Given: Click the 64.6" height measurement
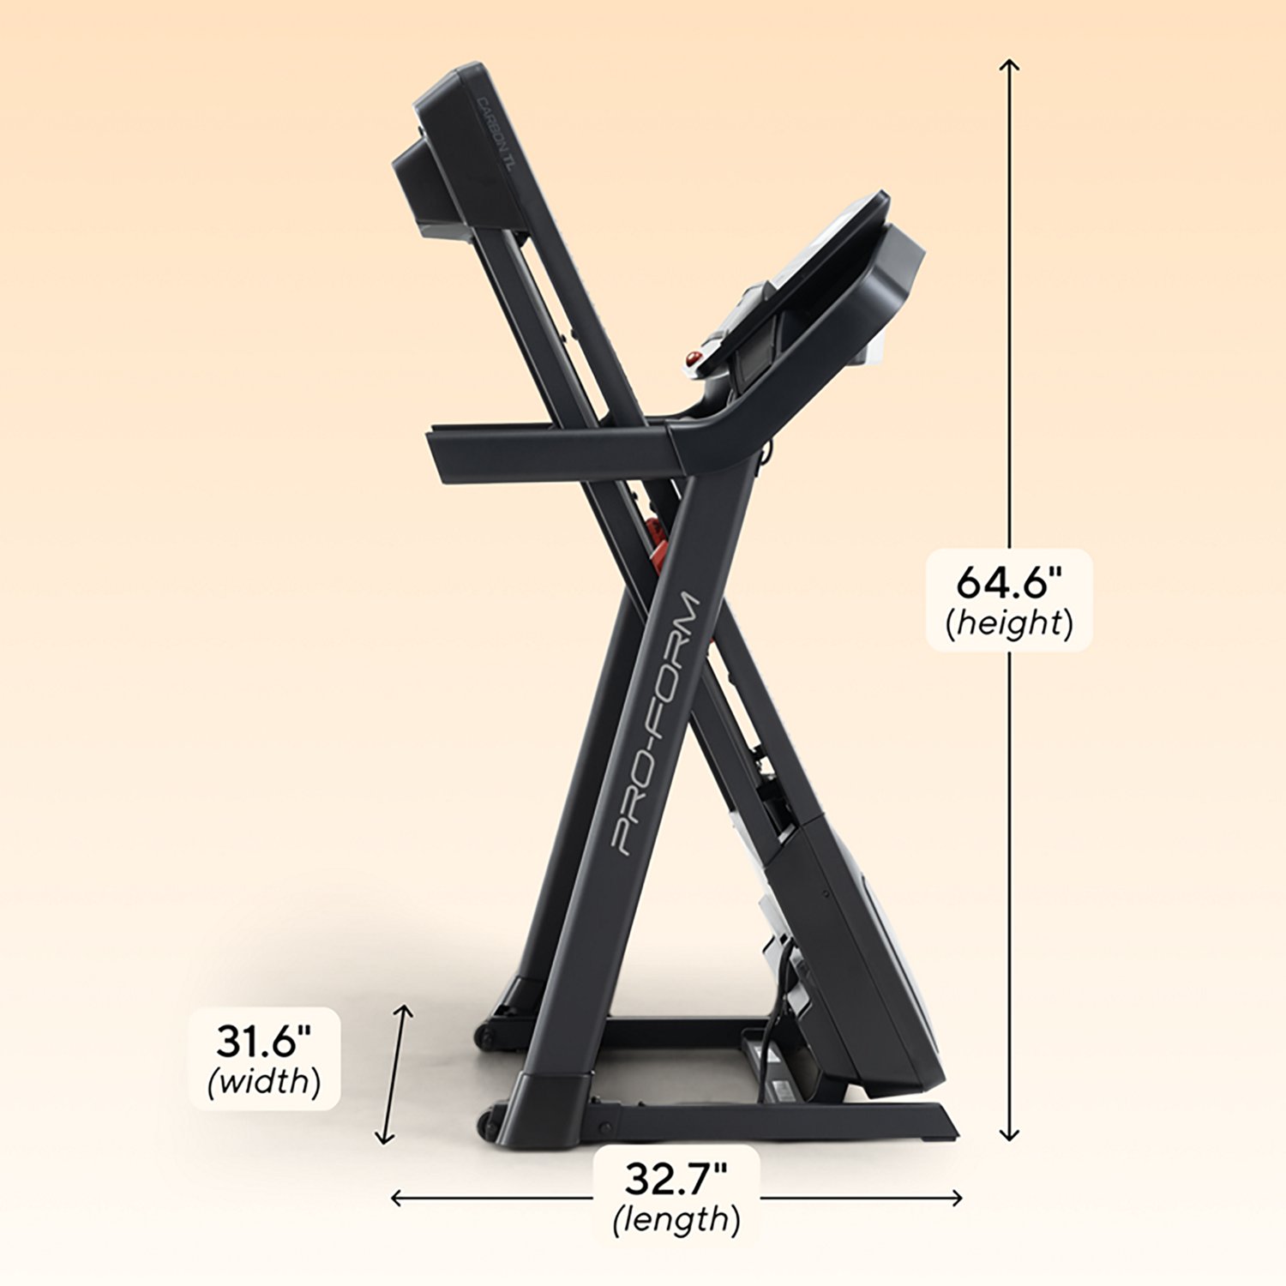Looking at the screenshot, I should (1008, 583).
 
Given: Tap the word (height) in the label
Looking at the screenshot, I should (1009, 623).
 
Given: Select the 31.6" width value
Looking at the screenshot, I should (263, 1041).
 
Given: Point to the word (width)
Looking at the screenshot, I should (264, 1081).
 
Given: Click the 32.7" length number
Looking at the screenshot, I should (676, 1179).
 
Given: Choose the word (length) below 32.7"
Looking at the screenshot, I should (676, 1218).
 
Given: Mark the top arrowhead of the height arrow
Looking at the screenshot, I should (1010, 64).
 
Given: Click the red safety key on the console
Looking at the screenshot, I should (693, 357).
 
